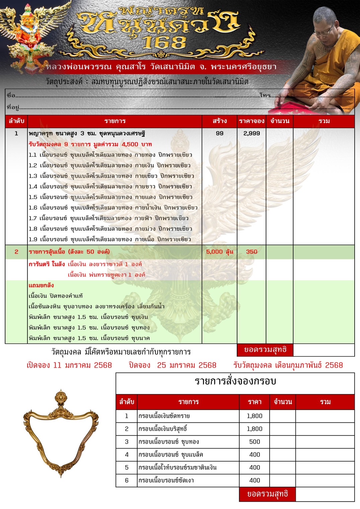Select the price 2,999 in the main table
point(252,133)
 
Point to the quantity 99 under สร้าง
point(219,133)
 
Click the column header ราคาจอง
point(252,121)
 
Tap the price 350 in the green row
point(252,252)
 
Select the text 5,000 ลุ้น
point(219,252)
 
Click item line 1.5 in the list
point(110,197)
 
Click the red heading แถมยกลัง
point(41,285)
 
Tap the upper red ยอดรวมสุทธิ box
point(265,350)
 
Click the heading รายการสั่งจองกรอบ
point(235,381)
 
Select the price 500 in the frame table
point(255,442)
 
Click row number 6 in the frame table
point(127,481)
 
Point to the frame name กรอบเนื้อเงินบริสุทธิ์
point(163,429)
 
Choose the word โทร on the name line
point(265,96)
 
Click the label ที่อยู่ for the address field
point(13,107)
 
